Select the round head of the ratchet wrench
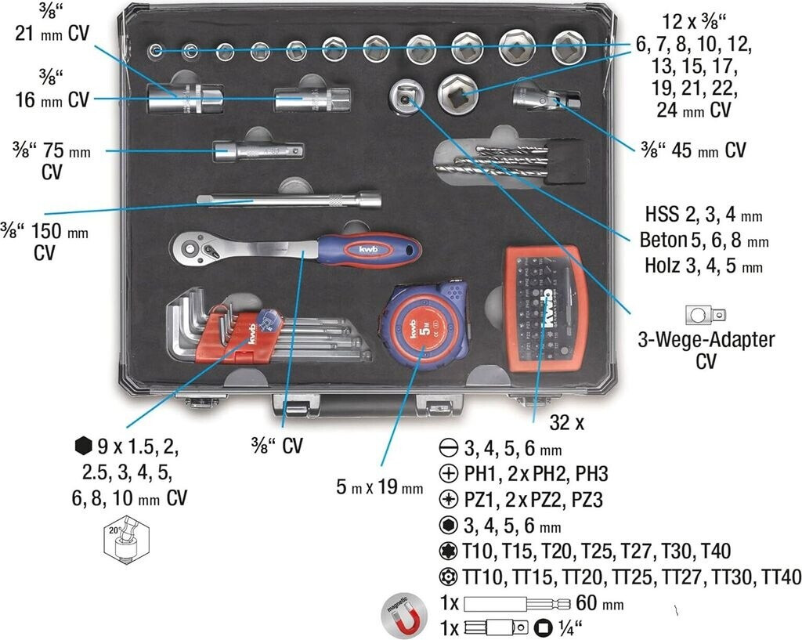(190, 249)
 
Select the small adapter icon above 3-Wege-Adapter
(705, 316)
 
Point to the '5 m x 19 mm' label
(379, 487)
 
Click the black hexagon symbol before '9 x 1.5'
(82, 448)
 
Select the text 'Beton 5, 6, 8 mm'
(702, 240)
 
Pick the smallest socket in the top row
(157, 52)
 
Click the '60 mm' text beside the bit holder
(600, 604)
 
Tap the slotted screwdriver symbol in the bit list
(449, 450)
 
